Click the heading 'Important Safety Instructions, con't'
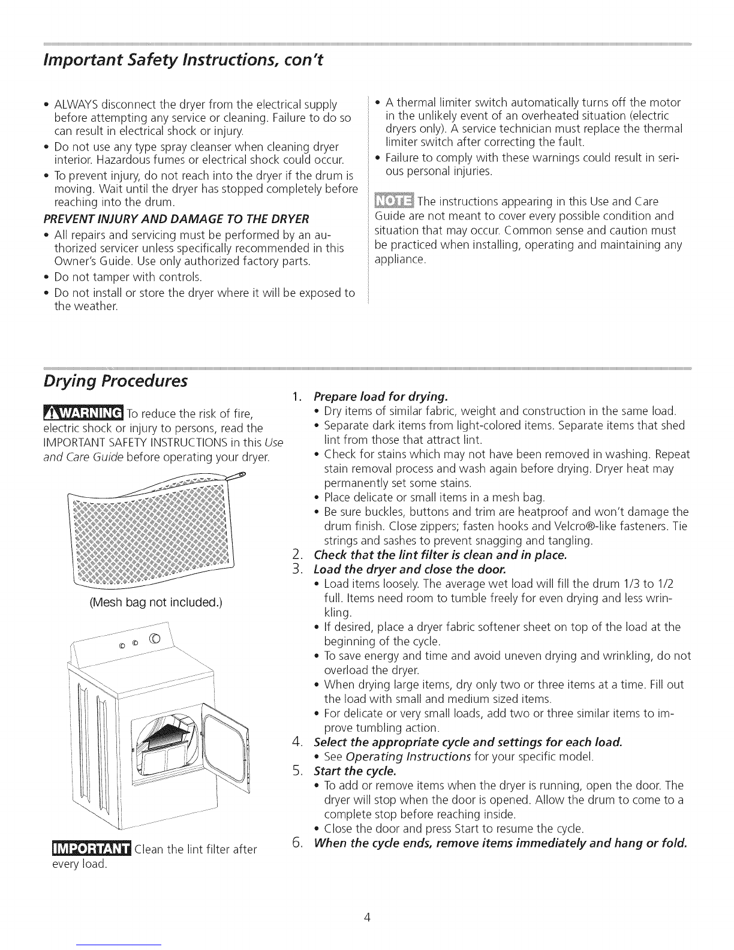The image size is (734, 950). (x=183, y=61)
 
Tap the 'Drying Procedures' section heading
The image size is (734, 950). (x=115, y=381)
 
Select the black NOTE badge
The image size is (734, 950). (x=394, y=201)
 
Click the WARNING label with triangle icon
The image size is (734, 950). (x=83, y=412)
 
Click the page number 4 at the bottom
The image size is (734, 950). (x=367, y=917)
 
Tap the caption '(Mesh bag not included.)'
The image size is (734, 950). (x=156, y=602)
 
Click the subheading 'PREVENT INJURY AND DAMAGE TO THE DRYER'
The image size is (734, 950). (x=176, y=218)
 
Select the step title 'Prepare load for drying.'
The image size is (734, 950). (x=381, y=396)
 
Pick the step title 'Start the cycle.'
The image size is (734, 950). (x=355, y=771)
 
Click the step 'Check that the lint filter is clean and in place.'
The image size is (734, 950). (x=440, y=555)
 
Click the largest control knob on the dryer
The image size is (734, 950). (x=155, y=639)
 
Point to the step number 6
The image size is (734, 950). (x=297, y=843)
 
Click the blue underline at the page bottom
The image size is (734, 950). (x=122, y=945)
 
